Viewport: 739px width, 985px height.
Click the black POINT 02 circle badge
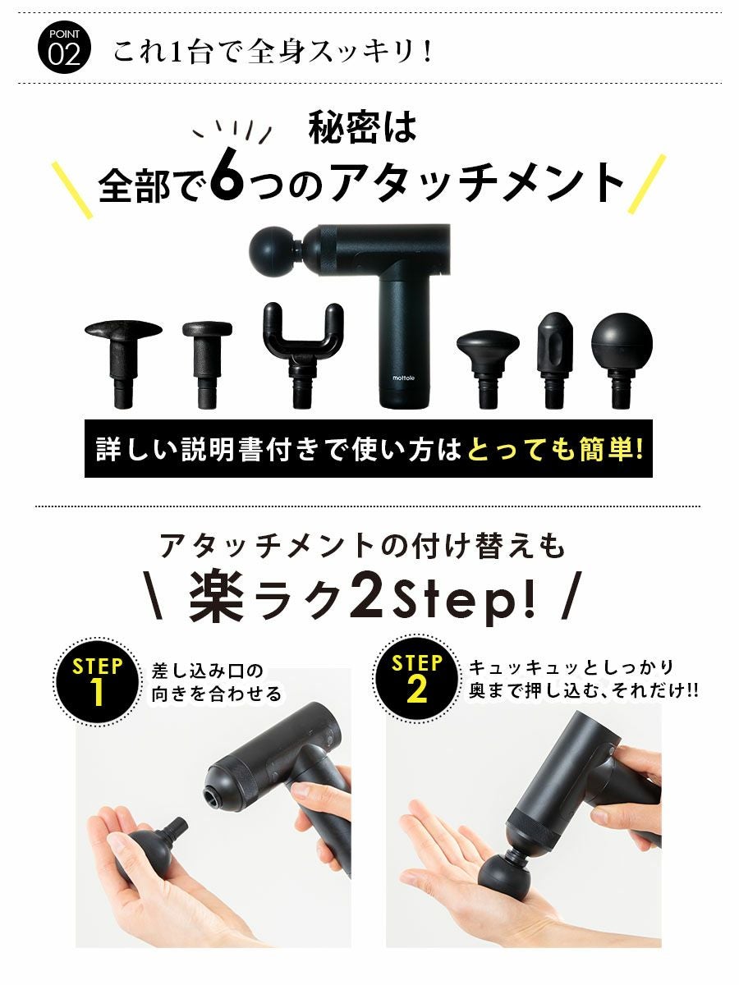coord(64,48)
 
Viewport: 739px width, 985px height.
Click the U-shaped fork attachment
coord(303,355)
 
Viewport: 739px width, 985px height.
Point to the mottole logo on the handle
coord(404,378)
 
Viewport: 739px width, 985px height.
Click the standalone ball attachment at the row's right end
coord(622,360)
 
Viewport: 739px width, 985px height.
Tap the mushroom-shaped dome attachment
coord(489,369)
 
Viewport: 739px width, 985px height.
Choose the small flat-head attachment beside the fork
coord(207,364)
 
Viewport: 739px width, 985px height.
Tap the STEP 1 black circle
coord(97,682)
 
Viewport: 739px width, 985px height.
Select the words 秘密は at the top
coord(363,127)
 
